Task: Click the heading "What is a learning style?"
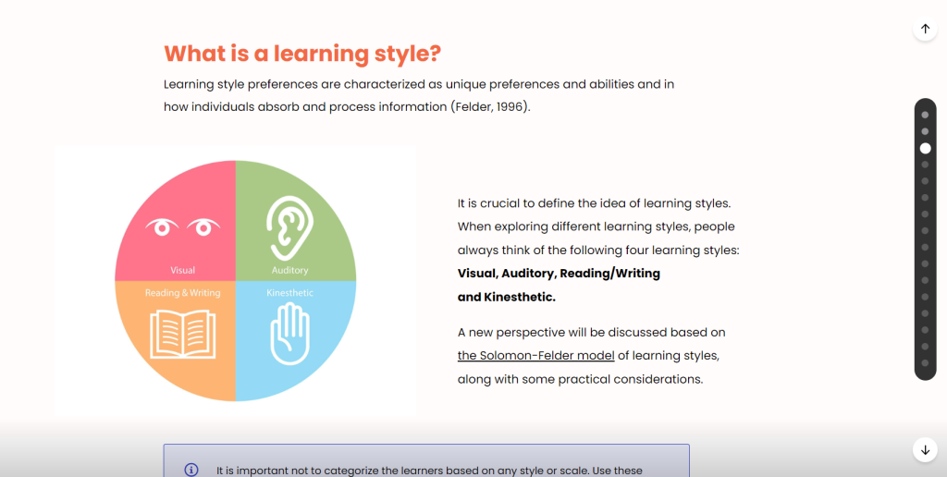tap(302, 54)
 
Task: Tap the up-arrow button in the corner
tap(925, 29)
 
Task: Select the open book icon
tap(182, 334)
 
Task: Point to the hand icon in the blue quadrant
tap(289, 334)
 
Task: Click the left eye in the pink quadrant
tap(162, 227)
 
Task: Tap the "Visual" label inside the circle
tap(182, 270)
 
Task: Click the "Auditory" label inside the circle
tap(289, 270)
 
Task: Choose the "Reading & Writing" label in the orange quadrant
tap(182, 293)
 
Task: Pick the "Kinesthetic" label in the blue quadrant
tap(289, 293)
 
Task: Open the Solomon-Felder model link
tap(535, 356)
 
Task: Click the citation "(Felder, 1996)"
tap(490, 107)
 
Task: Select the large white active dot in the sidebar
tap(925, 148)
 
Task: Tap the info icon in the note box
tap(191, 470)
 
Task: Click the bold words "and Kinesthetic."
tap(506, 297)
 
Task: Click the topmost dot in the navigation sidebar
tap(925, 115)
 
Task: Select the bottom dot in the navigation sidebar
tap(925, 363)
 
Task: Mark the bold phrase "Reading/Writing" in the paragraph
tap(610, 274)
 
